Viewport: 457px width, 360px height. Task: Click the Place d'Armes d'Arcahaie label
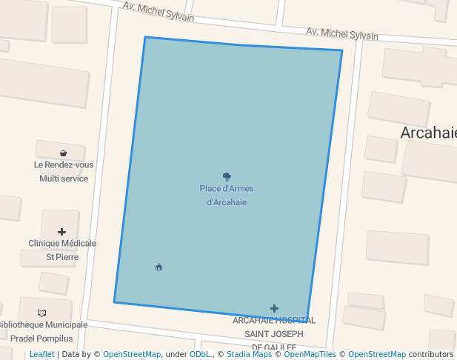tap(227, 195)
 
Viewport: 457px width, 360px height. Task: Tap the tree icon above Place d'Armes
tap(227, 177)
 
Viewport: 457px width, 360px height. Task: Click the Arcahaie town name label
tap(428, 133)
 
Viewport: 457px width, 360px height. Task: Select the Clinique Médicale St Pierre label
tap(62, 250)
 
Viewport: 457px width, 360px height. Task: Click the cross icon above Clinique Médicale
tap(61, 232)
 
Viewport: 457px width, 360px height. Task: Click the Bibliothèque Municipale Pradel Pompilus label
tap(43, 331)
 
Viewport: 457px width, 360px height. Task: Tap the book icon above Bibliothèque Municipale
tap(41, 313)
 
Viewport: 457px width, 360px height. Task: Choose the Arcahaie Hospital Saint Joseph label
tap(274, 333)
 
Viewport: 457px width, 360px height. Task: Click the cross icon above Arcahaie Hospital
tap(274, 308)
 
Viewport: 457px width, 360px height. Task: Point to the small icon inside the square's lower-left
tap(159, 267)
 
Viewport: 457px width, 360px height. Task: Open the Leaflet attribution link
tap(41, 354)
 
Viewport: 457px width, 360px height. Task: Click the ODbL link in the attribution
tap(199, 354)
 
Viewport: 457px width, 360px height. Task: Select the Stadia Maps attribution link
tap(249, 354)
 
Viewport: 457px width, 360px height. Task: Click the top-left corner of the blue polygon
tap(145, 37)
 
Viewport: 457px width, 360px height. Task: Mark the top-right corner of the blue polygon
tap(341, 50)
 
